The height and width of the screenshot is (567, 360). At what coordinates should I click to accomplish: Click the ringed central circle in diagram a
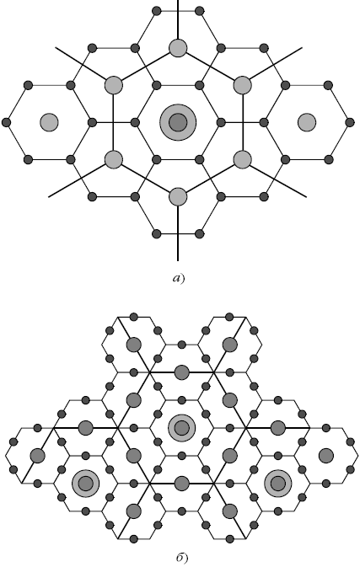pyautogui.click(x=178, y=122)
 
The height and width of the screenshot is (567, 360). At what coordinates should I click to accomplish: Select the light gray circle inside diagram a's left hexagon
pyautogui.click(x=49, y=122)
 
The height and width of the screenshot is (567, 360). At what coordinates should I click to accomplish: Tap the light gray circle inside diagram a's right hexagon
pyautogui.click(x=307, y=122)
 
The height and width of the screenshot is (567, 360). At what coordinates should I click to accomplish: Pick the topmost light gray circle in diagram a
pyautogui.click(x=178, y=48)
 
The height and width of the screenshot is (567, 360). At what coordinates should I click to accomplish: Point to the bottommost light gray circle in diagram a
pyautogui.click(x=178, y=196)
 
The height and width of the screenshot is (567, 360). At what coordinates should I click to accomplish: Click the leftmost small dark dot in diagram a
pyautogui.click(x=6, y=122)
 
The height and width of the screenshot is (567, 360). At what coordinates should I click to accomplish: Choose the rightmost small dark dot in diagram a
pyautogui.click(x=350, y=122)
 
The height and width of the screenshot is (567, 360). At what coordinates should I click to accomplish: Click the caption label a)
pyautogui.click(x=179, y=278)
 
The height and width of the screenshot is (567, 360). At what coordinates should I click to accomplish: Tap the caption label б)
pyautogui.click(x=182, y=558)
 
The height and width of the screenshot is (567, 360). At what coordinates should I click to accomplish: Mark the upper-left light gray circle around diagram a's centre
pyautogui.click(x=114, y=85)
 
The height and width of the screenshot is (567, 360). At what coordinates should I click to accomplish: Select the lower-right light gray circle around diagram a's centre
pyautogui.click(x=243, y=159)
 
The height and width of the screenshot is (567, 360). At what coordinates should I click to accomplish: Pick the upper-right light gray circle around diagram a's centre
pyautogui.click(x=243, y=85)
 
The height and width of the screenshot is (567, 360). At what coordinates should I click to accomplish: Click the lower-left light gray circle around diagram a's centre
pyautogui.click(x=114, y=159)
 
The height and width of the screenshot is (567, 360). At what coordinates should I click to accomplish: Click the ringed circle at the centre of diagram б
pyautogui.click(x=181, y=428)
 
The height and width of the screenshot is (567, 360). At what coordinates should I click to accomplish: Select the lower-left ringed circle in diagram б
pyautogui.click(x=86, y=484)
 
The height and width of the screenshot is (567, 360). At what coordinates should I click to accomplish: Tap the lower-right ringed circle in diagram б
pyautogui.click(x=278, y=484)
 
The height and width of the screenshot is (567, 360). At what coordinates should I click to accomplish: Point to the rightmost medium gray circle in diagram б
pyautogui.click(x=326, y=456)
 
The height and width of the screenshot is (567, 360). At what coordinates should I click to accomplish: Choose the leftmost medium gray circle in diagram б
pyautogui.click(x=38, y=456)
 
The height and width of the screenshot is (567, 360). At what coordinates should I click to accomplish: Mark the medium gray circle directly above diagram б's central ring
pyautogui.click(x=181, y=372)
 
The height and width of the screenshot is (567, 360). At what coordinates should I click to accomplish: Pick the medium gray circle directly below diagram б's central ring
pyautogui.click(x=181, y=484)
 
